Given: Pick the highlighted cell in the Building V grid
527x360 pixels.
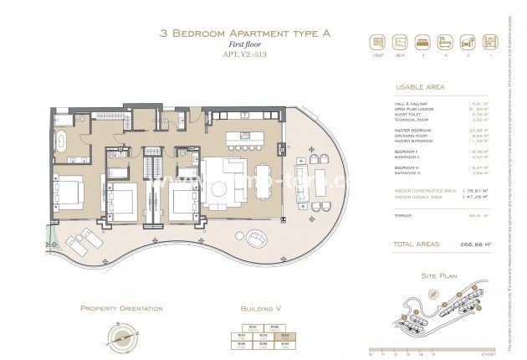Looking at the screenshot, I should [285, 335].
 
